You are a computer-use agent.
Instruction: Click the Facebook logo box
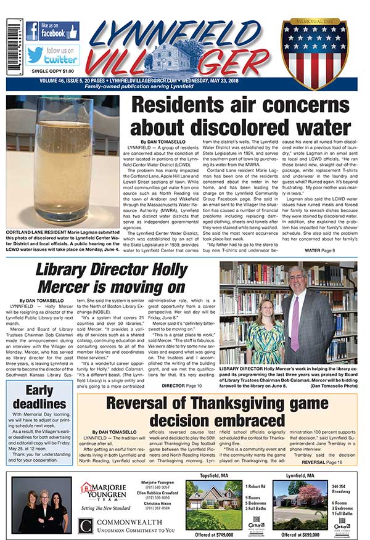[x=52, y=31]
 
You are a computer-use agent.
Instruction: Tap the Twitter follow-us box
[x=52, y=55]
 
